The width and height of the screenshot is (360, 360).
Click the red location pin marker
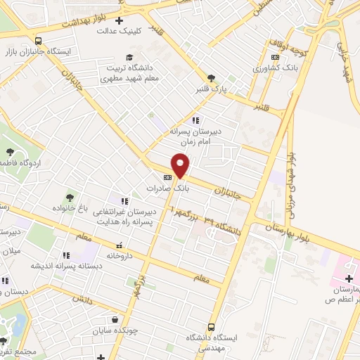pyautogui.click(x=181, y=165)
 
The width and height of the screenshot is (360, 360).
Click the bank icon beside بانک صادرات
pyautogui.click(x=167, y=178)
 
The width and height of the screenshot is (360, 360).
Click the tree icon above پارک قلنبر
pyautogui.click(x=211, y=79)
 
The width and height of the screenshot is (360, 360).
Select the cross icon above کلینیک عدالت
pyautogui.click(x=118, y=20)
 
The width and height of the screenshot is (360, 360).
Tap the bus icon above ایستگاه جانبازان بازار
pyautogui.click(x=38, y=41)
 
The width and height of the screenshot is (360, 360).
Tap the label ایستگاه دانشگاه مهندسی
pyautogui.click(x=211, y=342)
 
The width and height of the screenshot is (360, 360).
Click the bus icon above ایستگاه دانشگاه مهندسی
pyautogui.click(x=211, y=327)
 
